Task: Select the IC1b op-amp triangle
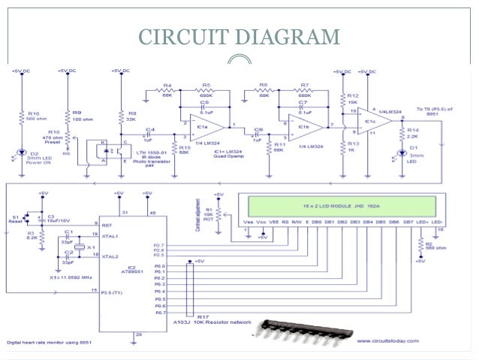point(308,123)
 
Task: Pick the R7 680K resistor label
point(305,90)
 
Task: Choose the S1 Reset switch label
point(15,218)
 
